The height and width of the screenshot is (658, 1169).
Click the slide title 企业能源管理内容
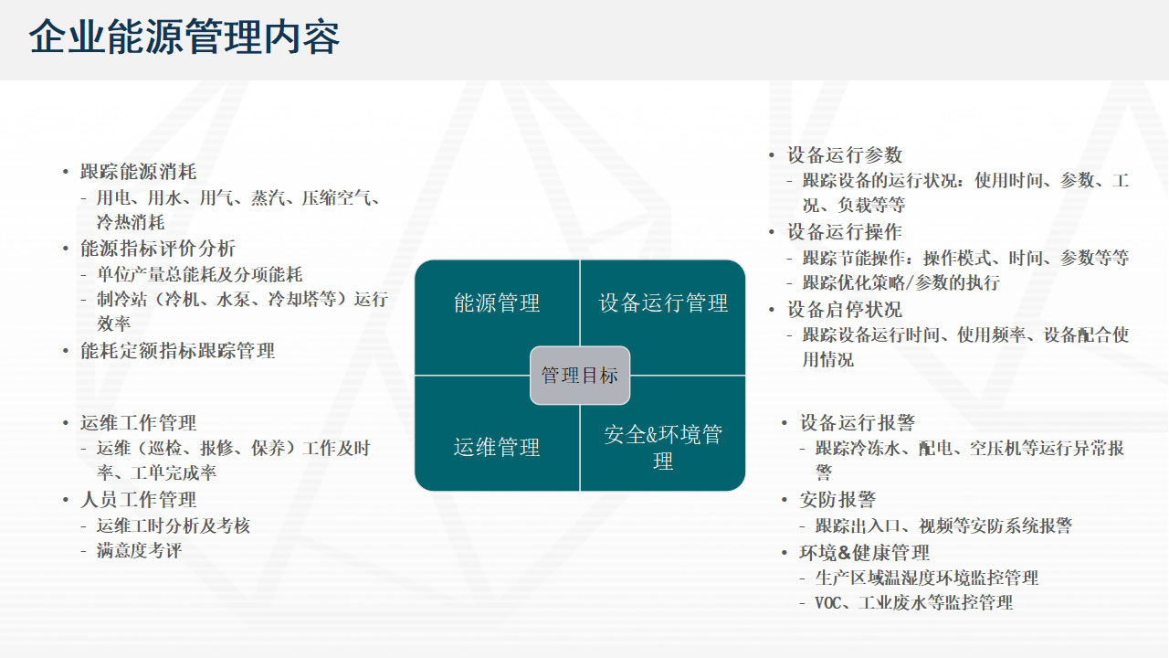184,37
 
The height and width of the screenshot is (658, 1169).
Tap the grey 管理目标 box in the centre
580,375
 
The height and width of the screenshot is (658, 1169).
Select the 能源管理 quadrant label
497,302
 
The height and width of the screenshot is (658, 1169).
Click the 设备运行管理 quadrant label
663,302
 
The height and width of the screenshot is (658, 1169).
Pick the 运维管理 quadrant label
497,447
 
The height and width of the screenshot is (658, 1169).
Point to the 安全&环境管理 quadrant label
663,448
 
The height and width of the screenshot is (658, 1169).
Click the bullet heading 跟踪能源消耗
138,171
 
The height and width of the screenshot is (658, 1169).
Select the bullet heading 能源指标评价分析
158,249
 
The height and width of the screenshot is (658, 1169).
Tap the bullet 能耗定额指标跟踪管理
177,350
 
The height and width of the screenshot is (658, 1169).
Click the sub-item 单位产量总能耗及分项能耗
199,274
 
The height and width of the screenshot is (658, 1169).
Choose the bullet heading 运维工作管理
138,422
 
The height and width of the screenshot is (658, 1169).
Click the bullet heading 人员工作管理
138,500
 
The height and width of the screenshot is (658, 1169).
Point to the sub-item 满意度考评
139,550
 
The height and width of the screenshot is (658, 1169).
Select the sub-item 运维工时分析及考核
174,525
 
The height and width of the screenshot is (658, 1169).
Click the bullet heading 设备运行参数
845,154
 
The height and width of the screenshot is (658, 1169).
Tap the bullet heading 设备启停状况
845,309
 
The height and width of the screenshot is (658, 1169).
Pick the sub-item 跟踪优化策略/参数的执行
901,282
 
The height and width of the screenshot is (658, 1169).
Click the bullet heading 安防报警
837,500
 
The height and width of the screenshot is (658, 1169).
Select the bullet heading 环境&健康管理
864,553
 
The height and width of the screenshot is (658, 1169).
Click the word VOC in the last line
827,603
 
